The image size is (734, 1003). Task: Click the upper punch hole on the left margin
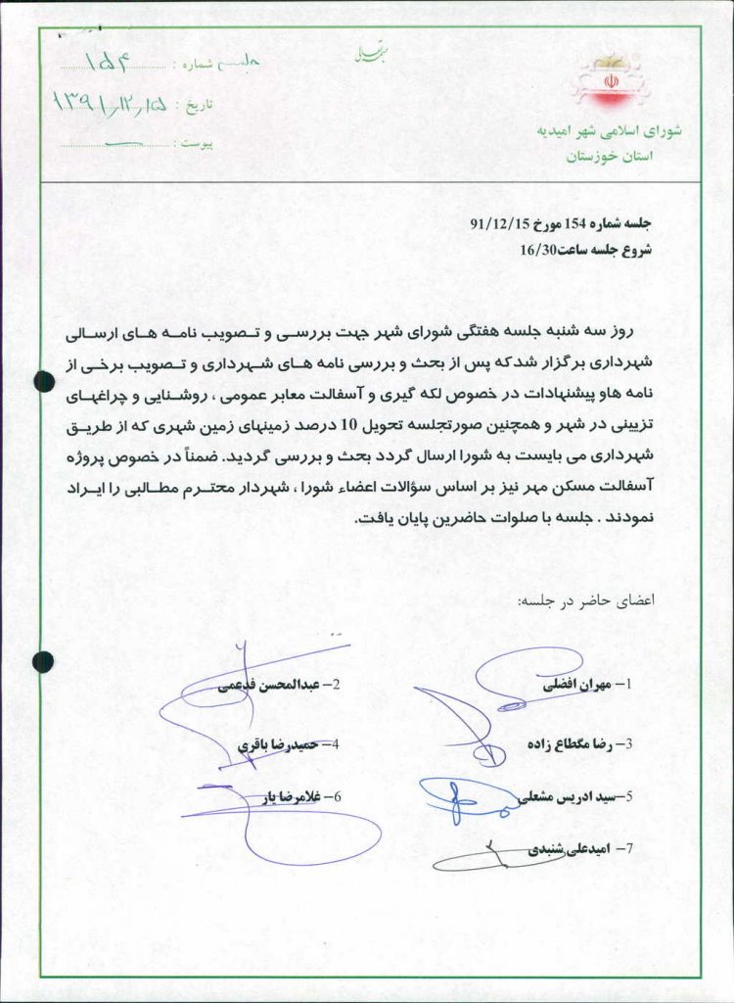pyautogui.click(x=44, y=382)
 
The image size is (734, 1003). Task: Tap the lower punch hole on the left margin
pyautogui.click(x=43, y=662)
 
